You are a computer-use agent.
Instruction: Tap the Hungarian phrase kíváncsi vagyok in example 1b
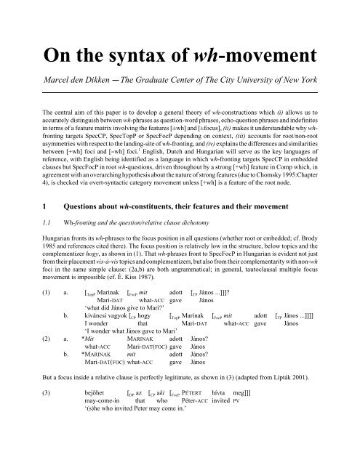click(x=108, y=338)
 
